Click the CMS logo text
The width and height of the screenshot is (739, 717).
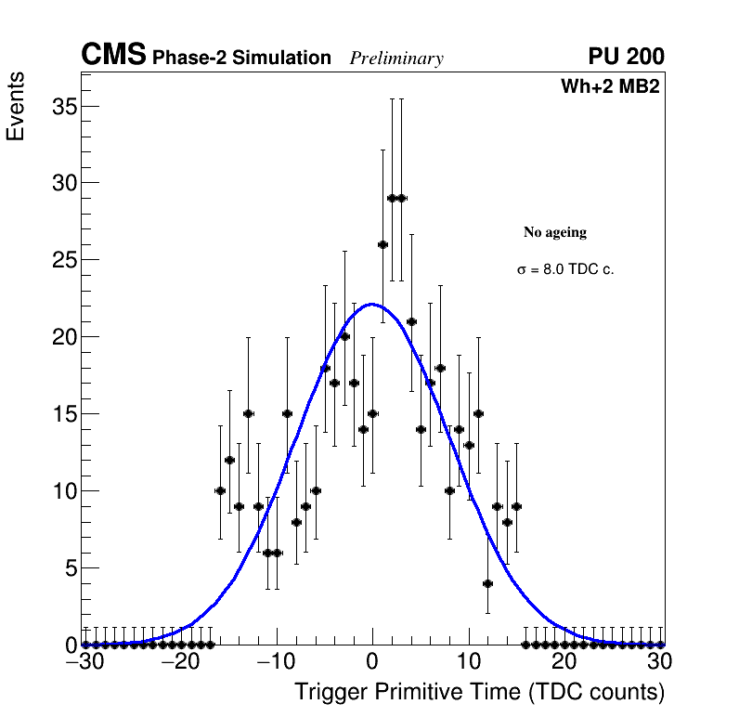(x=113, y=56)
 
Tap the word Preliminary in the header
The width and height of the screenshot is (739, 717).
(x=396, y=59)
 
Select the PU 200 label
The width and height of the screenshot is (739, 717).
(x=626, y=57)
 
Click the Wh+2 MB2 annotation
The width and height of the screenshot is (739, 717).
(x=610, y=87)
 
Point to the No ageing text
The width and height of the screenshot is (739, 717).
(x=555, y=232)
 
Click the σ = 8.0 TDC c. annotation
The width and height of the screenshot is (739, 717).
(x=565, y=269)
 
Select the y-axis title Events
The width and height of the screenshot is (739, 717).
(x=16, y=107)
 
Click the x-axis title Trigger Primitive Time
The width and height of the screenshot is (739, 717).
(x=479, y=692)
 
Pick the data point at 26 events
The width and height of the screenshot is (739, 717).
(x=382, y=244)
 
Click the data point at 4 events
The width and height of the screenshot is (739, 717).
(x=487, y=583)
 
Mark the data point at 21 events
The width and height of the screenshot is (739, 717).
(x=411, y=321)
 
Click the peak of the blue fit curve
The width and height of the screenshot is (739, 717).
(x=372, y=304)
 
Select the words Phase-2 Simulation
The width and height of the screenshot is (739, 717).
(x=241, y=59)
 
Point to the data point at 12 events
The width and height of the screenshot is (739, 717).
(x=229, y=460)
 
